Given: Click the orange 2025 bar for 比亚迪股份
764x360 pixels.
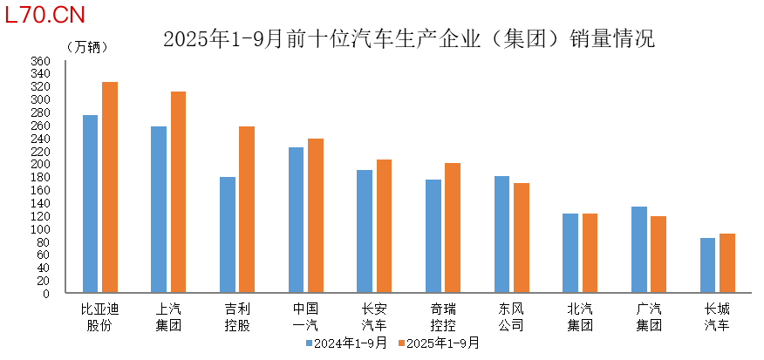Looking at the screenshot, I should tap(110, 187).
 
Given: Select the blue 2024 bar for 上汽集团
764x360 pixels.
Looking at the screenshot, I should tap(159, 210).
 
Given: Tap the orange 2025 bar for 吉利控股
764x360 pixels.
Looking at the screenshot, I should tap(247, 210).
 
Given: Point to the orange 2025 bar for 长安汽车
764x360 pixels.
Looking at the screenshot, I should tap(384, 227).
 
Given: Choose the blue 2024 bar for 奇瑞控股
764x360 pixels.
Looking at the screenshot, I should tap(433, 236).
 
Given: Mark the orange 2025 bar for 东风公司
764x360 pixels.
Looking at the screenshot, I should tap(522, 238).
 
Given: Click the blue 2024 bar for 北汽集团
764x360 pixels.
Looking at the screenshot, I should tap(570, 254).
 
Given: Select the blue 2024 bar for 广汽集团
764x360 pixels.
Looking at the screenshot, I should tap(639, 250).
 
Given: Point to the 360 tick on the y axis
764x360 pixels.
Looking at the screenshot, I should tap(41, 61).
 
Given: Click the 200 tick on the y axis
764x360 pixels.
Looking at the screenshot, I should tap(41, 164).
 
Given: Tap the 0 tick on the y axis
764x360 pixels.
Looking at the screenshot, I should tap(47, 294).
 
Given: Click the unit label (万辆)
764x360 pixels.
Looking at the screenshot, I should tap(83, 45).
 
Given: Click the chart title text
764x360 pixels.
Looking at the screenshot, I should tap(408, 38).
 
